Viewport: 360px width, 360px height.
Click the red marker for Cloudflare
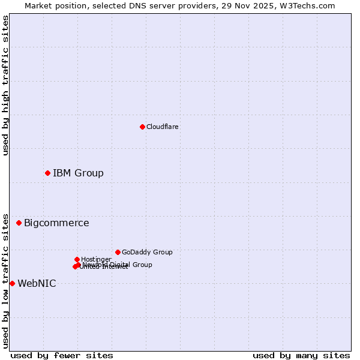pos(142,127)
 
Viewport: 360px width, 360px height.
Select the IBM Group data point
pos(47,173)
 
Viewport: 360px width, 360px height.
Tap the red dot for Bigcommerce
pos(19,223)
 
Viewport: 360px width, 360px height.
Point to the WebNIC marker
pos(12,283)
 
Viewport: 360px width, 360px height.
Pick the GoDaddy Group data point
pos(118,252)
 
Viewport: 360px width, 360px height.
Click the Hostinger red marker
pos(77,259)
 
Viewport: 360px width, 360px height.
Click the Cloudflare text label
pos(162,127)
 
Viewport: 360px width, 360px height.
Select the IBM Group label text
pos(78,173)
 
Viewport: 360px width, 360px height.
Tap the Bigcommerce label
pos(56,223)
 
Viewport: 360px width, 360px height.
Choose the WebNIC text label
pos(37,284)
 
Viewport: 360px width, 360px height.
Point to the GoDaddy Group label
pos(147,252)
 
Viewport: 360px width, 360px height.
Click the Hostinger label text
pos(96,259)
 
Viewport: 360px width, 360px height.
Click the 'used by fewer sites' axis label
pos(62,355)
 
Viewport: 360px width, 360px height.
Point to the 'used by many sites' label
pos(301,355)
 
